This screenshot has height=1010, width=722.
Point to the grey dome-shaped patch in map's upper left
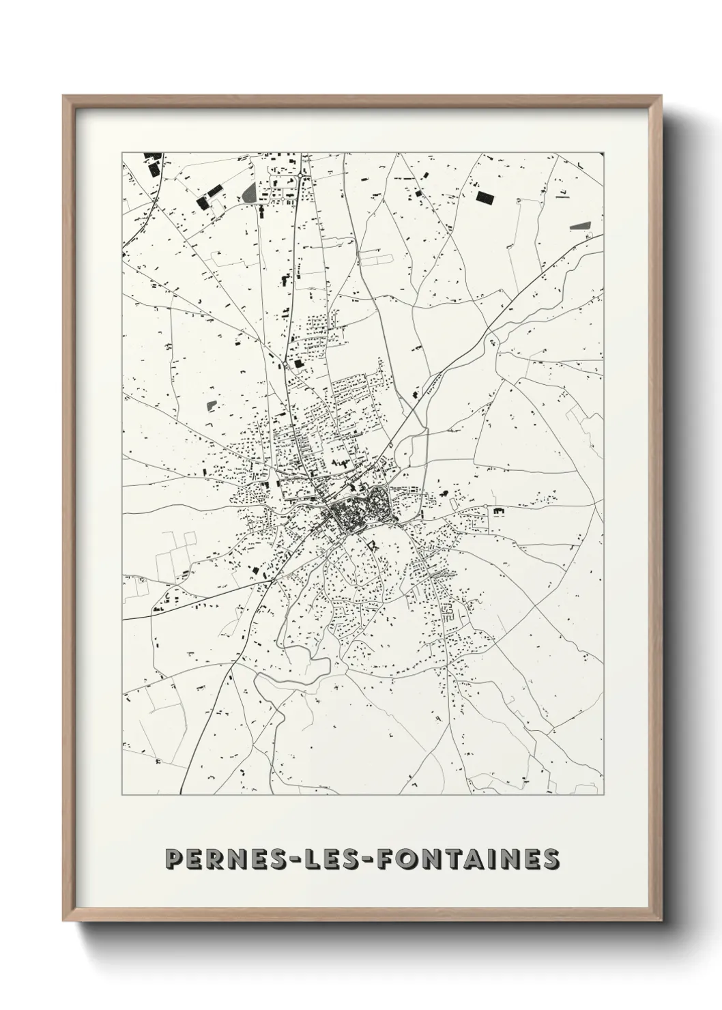pyautogui.click(x=248, y=192)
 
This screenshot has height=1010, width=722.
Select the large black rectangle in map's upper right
pyautogui.click(x=485, y=198)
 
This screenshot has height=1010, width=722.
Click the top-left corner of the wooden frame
pyautogui.click(x=63, y=96)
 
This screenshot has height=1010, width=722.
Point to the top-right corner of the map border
pyautogui.click(x=604, y=152)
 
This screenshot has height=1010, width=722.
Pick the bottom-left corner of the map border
pyautogui.click(x=121, y=795)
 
